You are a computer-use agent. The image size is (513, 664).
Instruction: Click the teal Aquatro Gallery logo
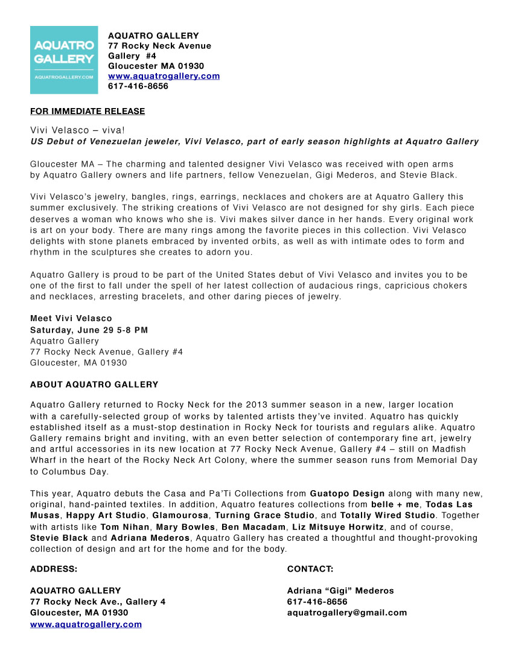pos(63,60)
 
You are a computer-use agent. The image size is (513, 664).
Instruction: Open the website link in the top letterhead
pos(164,76)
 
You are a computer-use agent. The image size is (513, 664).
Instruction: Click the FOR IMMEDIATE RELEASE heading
pos(88,111)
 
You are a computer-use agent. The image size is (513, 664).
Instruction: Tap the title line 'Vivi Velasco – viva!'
pos(77,130)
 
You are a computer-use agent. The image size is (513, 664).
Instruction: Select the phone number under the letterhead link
pos(138,86)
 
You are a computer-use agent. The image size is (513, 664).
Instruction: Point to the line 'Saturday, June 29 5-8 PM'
pos(89,330)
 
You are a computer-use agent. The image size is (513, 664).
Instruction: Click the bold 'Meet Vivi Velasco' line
pos(71,318)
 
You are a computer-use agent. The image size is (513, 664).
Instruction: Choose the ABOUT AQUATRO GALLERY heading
pos(94,385)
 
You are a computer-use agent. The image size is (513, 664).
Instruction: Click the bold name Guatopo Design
pos(347,494)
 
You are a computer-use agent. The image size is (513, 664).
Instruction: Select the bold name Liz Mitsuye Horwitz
pos(338,527)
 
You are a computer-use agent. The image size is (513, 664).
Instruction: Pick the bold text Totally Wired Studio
pos(387,516)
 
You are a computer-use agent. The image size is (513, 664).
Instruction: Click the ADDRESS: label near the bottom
pos(54,569)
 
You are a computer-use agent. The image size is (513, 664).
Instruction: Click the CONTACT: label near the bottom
pos(310,569)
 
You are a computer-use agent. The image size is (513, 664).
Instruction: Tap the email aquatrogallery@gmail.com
pos(347,613)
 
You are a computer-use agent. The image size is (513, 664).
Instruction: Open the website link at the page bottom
pos(86,624)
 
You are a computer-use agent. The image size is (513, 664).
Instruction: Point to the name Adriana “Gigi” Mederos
pos(340,591)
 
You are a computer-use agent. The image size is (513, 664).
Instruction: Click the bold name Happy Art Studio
pos(106,516)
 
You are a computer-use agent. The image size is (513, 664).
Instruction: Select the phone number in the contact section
pos(317,602)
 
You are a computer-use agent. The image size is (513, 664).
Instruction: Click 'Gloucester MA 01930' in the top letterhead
pos(156,66)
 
